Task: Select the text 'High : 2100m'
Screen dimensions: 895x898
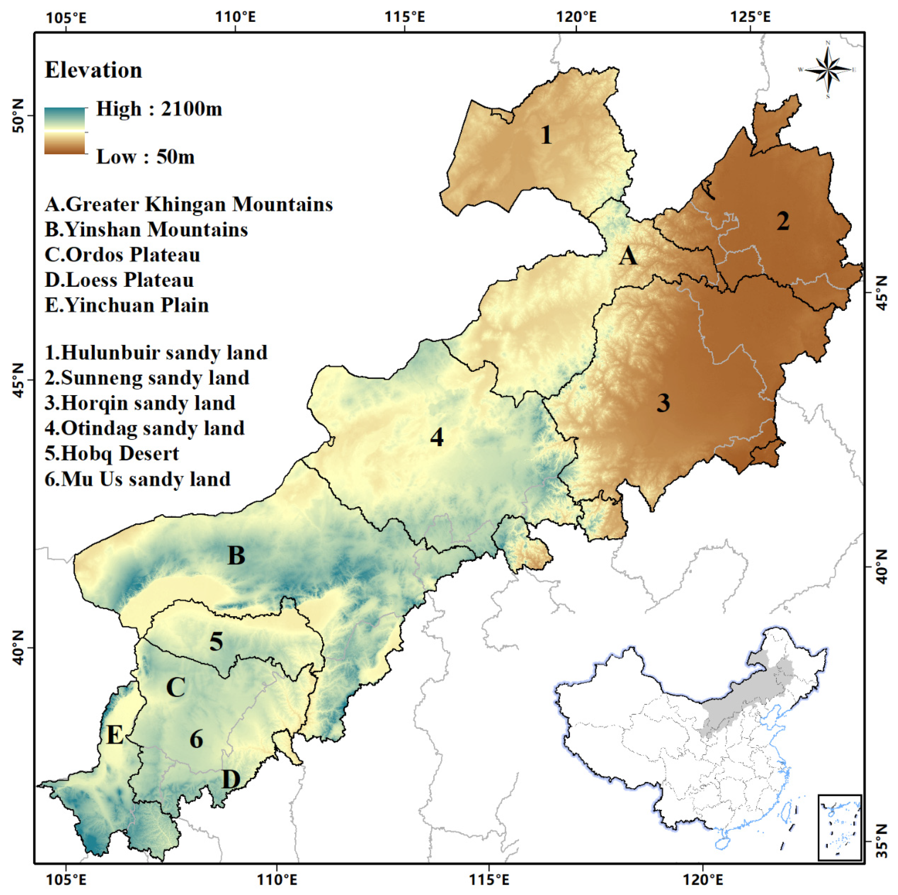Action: (x=159, y=109)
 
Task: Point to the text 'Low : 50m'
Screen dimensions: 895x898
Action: (x=145, y=157)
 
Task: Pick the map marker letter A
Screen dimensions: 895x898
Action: (x=628, y=256)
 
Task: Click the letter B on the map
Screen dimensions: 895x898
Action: (x=236, y=555)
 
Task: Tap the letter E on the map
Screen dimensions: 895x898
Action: (x=115, y=735)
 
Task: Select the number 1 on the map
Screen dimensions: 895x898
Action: (x=546, y=135)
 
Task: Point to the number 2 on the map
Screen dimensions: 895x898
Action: (x=783, y=221)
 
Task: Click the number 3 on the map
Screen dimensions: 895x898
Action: (x=663, y=403)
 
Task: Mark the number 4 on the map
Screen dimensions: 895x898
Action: (x=437, y=437)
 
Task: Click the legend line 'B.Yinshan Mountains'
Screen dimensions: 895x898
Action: (x=146, y=229)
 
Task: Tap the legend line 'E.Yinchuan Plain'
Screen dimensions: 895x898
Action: (x=127, y=305)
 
